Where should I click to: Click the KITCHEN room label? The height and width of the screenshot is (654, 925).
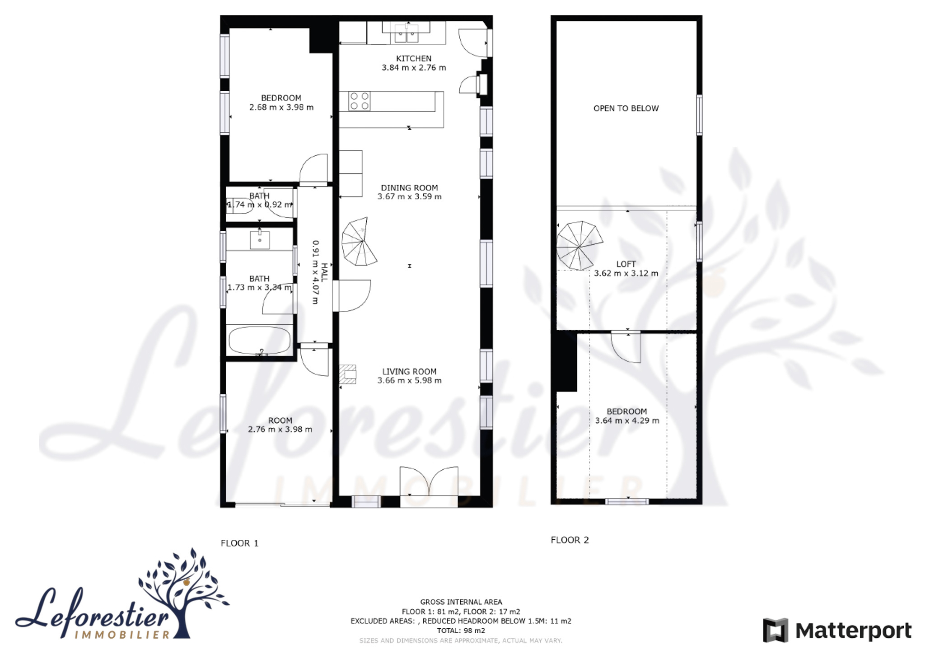(414, 59)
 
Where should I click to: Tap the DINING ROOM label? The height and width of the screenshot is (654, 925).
(409, 188)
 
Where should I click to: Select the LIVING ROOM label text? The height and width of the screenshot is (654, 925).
(409, 372)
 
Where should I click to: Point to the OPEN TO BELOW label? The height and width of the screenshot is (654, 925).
(626, 108)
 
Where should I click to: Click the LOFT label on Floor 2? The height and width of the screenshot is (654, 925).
(626, 264)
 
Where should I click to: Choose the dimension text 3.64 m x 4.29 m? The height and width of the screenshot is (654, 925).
(627, 420)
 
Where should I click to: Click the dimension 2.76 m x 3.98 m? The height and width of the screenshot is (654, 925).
(280, 429)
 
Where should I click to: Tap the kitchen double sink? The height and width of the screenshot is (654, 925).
(406, 32)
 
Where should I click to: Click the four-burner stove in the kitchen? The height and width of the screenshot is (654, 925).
(360, 101)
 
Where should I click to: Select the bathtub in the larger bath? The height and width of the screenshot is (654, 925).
(260, 340)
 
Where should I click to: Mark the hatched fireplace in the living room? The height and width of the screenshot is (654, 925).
(347, 374)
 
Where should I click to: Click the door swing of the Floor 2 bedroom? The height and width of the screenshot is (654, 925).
(626, 347)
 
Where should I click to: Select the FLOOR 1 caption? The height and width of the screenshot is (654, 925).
(239, 543)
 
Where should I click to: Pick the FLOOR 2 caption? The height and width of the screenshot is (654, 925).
(570, 540)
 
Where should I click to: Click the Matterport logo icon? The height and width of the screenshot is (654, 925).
(776, 630)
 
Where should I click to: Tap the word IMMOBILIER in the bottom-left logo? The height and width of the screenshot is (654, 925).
(122, 635)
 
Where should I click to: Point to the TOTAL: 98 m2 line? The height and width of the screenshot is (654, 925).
(461, 631)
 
